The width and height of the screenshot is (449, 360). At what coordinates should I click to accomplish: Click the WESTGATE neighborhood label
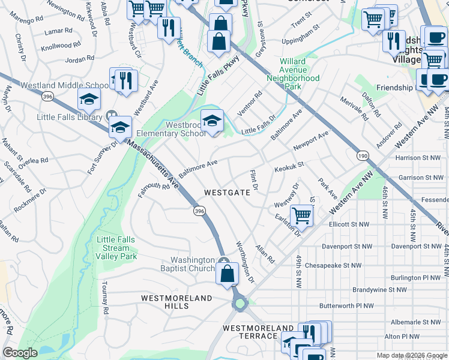coord(227,193)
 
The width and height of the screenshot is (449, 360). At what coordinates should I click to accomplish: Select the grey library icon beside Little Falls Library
coord(111,115)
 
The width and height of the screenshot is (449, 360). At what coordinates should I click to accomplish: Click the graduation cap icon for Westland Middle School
coord(89,98)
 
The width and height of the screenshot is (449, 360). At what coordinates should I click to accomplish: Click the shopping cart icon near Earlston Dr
coord(301,215)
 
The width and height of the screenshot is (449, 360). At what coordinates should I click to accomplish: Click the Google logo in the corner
coord(20,353)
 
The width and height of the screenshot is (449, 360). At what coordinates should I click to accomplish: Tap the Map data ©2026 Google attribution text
coord(411,355)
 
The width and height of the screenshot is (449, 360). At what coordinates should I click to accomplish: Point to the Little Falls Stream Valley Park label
coord(116,248)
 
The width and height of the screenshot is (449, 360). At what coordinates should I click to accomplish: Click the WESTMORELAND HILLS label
coord(176,302)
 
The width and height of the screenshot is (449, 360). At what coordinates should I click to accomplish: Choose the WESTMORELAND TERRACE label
coord(259,332)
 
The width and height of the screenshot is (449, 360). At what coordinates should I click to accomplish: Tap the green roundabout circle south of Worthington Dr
coord(241,304)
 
